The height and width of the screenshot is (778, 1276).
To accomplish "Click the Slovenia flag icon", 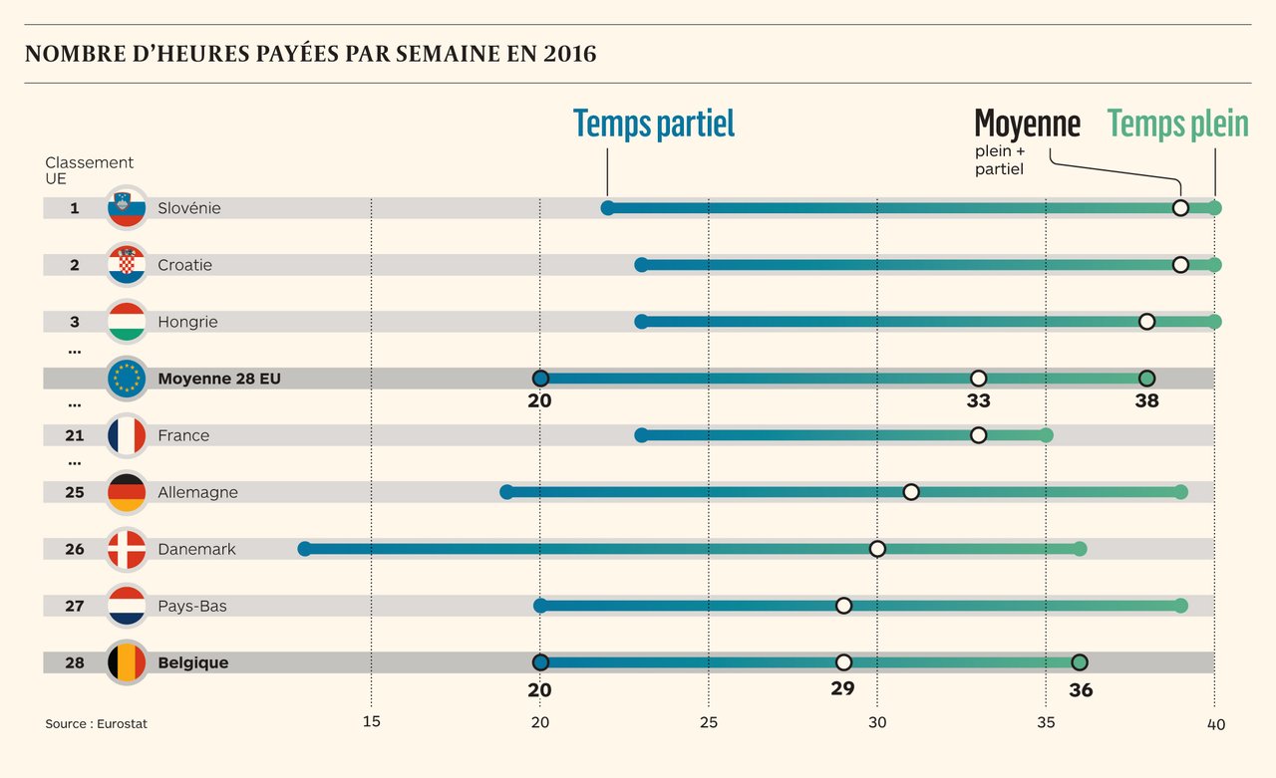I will (127, 208).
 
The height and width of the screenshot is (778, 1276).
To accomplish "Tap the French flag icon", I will (127, 435).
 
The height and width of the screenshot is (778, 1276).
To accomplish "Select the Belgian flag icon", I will (127, 662).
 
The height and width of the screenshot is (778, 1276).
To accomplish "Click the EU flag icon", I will (127, 379).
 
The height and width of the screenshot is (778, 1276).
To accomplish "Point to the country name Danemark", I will (196, 549).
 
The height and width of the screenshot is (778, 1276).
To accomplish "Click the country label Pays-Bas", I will (191, 606).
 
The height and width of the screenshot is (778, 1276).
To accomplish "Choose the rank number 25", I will (75, 492).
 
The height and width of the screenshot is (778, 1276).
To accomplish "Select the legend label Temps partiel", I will (654, 125).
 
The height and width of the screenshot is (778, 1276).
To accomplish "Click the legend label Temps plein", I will (1177, 125).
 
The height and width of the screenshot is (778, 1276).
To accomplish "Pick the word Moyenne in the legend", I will (1027, 125).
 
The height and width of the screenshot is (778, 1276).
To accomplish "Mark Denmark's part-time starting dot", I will (305, 549).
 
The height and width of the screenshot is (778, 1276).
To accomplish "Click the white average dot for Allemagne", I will (911, 492).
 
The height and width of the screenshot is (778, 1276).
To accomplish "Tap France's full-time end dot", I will (1046, 435).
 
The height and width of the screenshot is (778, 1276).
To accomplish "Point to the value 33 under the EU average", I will (978, 401).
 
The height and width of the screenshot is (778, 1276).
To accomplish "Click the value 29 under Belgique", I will (843, 688).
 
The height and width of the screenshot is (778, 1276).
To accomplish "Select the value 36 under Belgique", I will (1080, 690).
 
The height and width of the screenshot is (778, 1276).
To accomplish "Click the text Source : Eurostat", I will (96, 724).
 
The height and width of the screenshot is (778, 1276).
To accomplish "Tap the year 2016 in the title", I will (570, 54).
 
